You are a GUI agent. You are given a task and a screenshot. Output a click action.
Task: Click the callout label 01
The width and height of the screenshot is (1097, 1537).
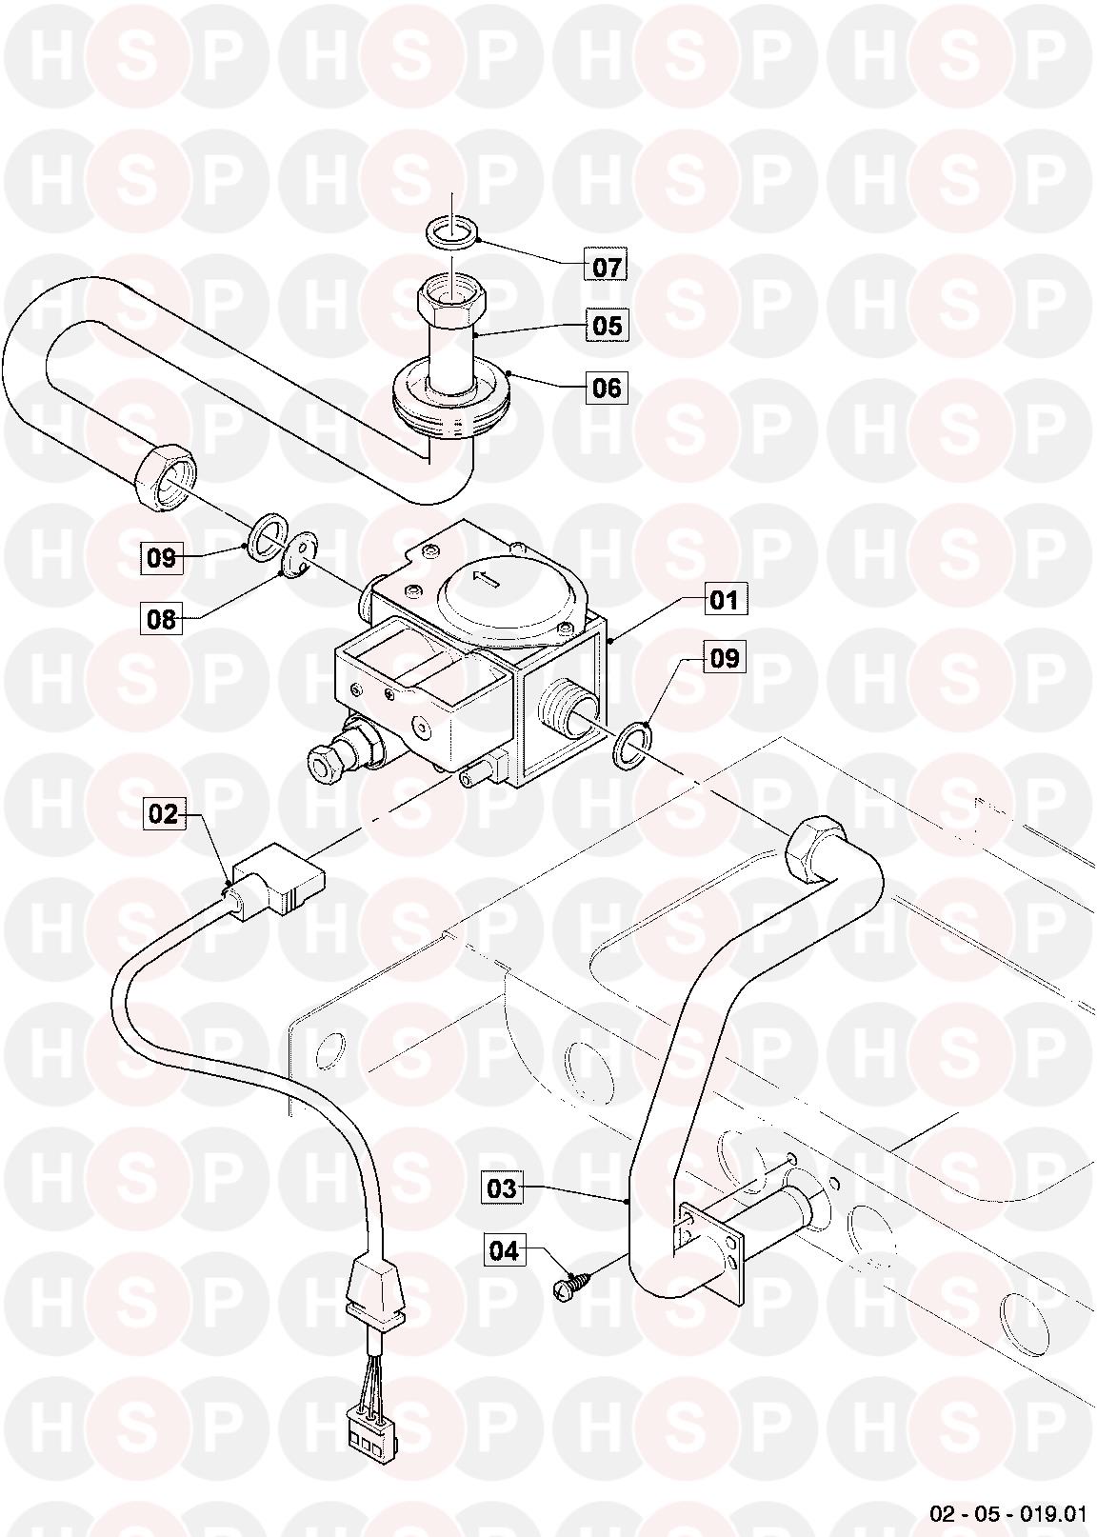[726, 600]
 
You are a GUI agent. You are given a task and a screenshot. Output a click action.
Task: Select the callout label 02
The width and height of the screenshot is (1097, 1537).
[163, 814]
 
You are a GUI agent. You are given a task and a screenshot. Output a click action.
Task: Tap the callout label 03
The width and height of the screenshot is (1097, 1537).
[502, 1188]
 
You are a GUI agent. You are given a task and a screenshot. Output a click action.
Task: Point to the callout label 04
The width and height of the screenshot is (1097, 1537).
[505, 1251]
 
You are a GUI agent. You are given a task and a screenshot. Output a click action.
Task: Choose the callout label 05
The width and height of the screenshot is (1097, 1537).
[607, 326]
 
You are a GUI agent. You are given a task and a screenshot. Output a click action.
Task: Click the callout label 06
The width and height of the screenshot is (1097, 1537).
[607, 389]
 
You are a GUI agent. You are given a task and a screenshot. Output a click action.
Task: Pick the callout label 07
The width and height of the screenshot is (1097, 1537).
[607, 267]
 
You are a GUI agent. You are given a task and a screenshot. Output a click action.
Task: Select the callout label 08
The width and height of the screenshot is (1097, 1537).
[162, 620]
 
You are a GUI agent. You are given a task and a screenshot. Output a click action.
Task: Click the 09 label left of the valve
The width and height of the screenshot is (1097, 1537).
[162, 558]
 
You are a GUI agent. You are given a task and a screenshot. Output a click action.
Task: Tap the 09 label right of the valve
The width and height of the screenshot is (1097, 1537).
[726, 658]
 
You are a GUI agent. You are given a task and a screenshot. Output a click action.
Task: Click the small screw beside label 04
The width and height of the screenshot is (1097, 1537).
[568, 1283]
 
